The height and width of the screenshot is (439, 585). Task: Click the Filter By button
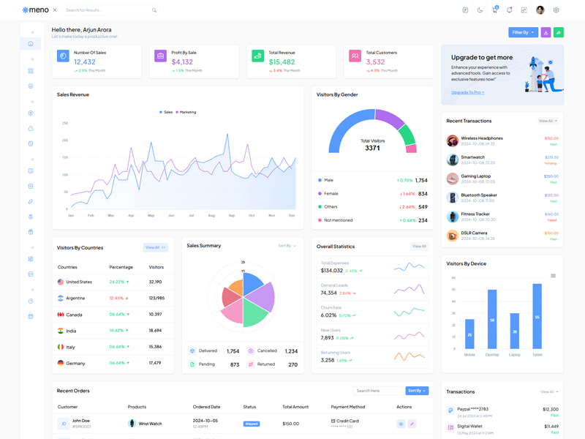point(523,32)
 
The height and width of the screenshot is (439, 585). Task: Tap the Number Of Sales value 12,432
point(85,62)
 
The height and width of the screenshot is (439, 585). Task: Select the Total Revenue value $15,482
point(282,62)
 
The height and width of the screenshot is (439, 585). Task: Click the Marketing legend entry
point(186,112)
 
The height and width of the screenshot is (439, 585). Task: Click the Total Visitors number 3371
point(372,148)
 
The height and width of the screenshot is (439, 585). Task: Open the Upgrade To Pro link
point(467,92)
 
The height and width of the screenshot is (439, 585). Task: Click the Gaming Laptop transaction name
point(475,176)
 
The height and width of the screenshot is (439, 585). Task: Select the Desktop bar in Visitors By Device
point(492,319)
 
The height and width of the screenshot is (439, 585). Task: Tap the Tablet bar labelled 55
point(537,316)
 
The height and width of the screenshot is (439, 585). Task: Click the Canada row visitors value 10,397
point(155,314)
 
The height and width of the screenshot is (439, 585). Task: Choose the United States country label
point(79,282)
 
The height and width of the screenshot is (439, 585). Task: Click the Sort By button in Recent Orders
point(417,391)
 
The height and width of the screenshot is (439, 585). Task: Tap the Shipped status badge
point(252,424)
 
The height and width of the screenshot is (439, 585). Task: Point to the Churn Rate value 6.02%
point(328,315)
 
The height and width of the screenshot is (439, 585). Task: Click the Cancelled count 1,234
point(291,351)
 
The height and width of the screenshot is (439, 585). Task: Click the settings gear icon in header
point(556,10)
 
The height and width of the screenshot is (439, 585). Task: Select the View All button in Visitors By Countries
point(155,247)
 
